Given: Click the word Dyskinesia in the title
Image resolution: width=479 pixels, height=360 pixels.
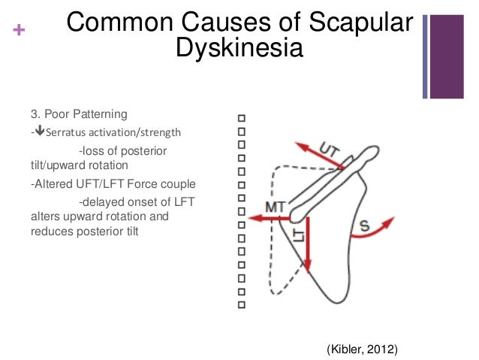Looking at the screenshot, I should pyautogui.click(x=239, y=50).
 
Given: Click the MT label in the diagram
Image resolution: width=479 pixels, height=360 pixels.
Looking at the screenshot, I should pyautogui.click(x=276, y=206).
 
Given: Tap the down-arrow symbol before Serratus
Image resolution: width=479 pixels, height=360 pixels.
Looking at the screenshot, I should pyautogui.click(x=38, y=133).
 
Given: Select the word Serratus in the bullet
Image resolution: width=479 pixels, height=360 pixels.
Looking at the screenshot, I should pyautogui.click(x=65, y=133).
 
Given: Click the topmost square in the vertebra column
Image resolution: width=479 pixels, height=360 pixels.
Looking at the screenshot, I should pyautogui.click(x=241, y=118).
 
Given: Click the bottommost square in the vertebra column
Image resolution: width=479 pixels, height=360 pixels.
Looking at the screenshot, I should pyautogui.click(x=241, y=305).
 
